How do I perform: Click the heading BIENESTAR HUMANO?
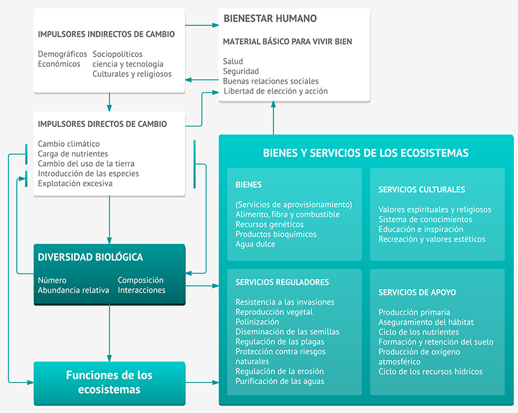tap(270, 19)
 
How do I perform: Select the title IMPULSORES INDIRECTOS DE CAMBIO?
tap(107, 34)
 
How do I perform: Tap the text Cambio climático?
tap(69, 144)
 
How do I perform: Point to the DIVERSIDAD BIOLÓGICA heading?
tap(90, 257)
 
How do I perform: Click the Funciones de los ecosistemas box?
tap(109, 382)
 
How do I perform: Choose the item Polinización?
tap(257, 322)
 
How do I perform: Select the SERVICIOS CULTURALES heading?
tap(422, 190)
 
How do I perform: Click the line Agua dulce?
tap(255, 244)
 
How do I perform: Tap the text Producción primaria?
tap(414, 312)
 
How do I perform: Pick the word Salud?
tap(233, 61)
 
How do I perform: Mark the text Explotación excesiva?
tap(75, 184)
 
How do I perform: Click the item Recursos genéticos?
tap(270, 225)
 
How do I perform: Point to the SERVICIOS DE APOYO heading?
tap(417, 293)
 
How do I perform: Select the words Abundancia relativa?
tap(73, 290)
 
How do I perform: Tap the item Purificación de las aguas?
tap(279, 381)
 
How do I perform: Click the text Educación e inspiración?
tap(421, 229)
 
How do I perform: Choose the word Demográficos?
tap(63, 54)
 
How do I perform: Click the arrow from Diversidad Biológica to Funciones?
tap(109, 334)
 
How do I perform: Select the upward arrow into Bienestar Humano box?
tap(273, 117)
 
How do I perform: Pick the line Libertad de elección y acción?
tap(275, 91)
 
